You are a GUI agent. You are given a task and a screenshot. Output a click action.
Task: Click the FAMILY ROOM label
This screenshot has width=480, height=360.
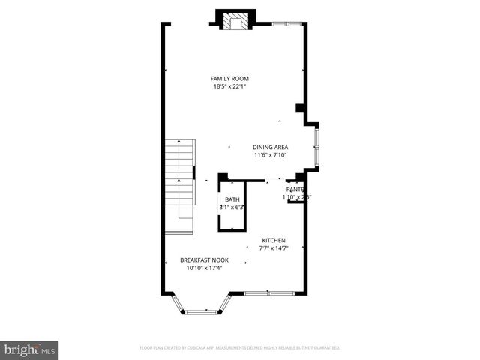(x=230, y=79)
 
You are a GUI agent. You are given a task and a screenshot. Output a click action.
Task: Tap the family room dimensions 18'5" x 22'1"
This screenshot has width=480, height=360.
(x=230, y=86)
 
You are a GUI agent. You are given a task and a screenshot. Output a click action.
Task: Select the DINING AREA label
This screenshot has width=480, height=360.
(x=270, y=148)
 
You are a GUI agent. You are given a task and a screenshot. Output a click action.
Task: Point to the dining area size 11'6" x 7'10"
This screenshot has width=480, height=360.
(x=270, y=156)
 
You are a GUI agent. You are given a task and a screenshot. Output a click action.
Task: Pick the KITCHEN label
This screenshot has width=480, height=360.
(x=273, y=241)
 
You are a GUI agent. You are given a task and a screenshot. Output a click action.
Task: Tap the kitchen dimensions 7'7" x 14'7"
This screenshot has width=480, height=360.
(x=273, y=248)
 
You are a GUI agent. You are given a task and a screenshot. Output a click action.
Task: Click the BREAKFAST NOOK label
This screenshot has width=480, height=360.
(x=204, y=260)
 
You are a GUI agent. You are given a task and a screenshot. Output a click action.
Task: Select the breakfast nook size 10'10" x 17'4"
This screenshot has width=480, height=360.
(x=204, y=268)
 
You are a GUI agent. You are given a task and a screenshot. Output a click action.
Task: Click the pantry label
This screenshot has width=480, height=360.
(x=294, y=190)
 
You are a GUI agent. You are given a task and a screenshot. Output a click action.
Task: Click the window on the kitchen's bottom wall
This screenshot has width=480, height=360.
(x=269, y=292)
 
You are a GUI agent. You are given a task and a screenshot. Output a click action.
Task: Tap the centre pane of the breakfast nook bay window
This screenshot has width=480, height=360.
(x=199, y=311)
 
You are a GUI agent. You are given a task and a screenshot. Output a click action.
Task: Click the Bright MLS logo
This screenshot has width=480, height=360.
(x=29, y=349)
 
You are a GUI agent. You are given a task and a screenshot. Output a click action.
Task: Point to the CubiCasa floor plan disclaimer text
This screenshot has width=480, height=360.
(x=240, y=348)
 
